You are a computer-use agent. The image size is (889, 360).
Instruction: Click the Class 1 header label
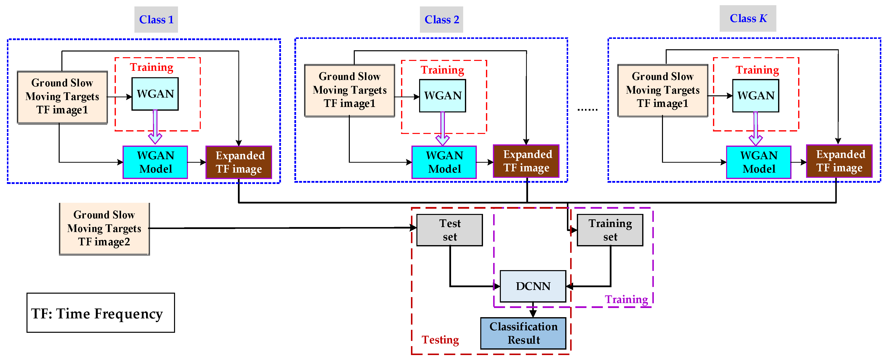(x=156, y=20)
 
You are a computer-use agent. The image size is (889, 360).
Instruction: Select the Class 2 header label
(x=441, y=20)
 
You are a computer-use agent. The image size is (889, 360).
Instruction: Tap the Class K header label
(x=747, y=19)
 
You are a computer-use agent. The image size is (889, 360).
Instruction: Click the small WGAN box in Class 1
(x=155, y=94)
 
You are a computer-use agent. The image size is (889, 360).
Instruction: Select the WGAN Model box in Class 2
(x=444, y=162)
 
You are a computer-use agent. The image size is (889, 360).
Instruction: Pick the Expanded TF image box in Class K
(x=839, y=161)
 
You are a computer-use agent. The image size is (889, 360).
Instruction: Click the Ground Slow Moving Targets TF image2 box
(x=104, y=229)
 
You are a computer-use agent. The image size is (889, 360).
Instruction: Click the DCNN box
(x=533, y=286)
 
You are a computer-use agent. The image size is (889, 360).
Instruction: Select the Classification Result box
(x=523, y=333)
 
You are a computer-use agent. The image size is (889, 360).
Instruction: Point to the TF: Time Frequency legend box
(x=101, y=313)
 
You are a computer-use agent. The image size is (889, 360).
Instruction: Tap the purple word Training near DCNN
(x=626, y=299)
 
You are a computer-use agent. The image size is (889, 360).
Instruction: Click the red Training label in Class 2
(x=442, y=70)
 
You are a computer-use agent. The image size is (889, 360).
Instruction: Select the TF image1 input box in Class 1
(x=62, y=97)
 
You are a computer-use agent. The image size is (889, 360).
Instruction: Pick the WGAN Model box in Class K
(x=758, y=162)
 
